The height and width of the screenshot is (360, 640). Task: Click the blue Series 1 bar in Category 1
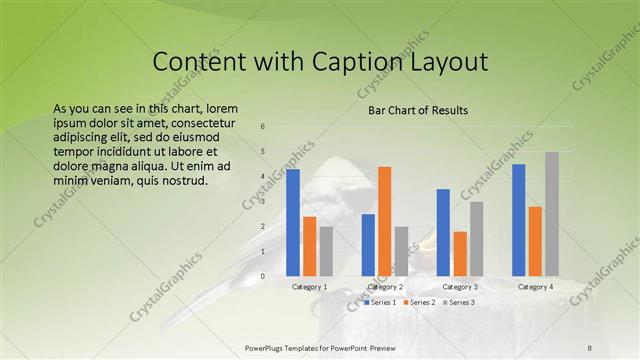[x=293, y=222]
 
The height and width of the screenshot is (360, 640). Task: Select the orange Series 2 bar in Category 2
[x=385, y=221]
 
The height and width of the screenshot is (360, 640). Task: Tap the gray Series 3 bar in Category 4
[x=552, y=213]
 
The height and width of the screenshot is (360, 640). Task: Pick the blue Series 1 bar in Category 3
[x=443, y=232]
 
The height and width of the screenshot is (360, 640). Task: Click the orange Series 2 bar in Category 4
[x=535, y=241]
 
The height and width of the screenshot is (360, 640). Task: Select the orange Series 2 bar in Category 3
[x=460, y=254]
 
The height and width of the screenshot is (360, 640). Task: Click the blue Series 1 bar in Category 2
[x=368, y=245]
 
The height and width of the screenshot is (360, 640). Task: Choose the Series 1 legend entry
[x=382, y=302]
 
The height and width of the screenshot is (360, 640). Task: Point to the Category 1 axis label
[x=310, y=287]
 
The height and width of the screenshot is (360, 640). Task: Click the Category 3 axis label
[x=460, y=287]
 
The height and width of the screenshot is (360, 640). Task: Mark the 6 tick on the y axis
[x=262, y=127]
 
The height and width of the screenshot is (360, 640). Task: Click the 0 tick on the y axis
[x=262, y=276]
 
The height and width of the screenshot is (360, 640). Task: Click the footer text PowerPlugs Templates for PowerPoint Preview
[x=320, y=346]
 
